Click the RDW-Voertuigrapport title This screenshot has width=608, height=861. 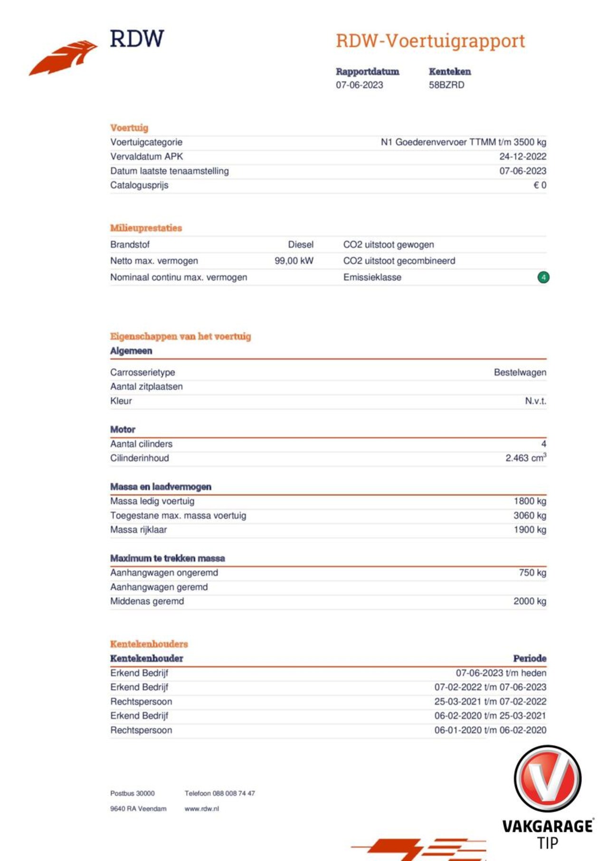tap(430, 41)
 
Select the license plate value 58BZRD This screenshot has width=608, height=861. tap(446, 85)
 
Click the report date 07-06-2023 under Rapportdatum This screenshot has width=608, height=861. tap(359, 85)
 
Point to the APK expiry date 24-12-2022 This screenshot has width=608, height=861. tap(522, 156)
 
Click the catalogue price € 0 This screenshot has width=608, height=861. tap(540, 185)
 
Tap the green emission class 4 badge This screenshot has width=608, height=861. tap(543, 277)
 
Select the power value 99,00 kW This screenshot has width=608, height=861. tap(294, 261)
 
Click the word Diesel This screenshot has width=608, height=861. tap(301, 245)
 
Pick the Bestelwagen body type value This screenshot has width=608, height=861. tap(520, 373)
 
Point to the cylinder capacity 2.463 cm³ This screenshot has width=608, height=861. tap(525, 458)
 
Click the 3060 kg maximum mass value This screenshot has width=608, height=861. tap(530, 516)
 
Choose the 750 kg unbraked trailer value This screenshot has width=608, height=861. tap(532, 573)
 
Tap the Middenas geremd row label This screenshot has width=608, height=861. tap(147, 601)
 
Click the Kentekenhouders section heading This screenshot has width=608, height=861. tap(149, 644)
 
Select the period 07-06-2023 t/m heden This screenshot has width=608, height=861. tap(501, 673)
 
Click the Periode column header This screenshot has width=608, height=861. tap(530, 659)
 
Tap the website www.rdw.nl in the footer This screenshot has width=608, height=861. tap(202, 809)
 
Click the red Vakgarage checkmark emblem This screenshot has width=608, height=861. tap(548, 779)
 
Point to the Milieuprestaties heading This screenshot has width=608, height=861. tap(146, 228)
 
